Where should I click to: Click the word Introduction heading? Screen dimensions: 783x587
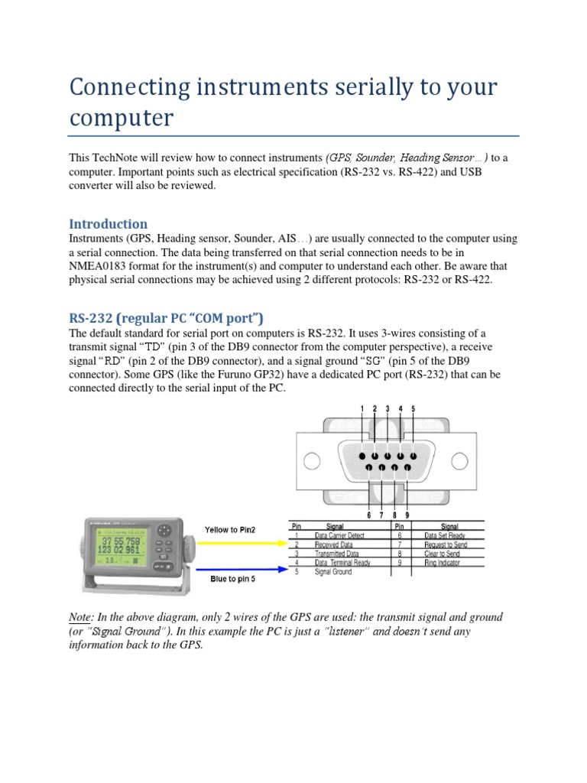point(109,224)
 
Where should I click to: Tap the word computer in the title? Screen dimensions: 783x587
point(122,119)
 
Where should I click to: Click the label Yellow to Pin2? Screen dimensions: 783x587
point(230,530)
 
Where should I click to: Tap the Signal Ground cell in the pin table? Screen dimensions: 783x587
point(334,573)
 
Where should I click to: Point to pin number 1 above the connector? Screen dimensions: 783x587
point(362,410)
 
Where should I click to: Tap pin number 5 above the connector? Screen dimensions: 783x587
point(413,410)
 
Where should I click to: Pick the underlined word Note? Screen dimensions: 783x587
point(81,616)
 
